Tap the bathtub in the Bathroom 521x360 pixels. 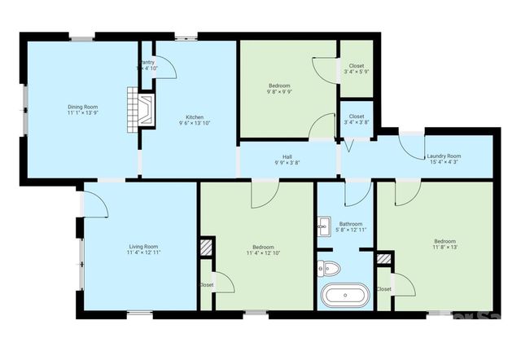tap(345, 295)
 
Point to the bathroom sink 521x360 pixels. tap(323, 226)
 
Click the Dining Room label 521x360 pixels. tap(82, 106)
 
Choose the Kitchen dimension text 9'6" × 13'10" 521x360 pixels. tap(194, 123)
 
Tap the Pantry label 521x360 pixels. tap(147, 62)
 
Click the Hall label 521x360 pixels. tap(287, 157)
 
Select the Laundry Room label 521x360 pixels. tap(445, 156)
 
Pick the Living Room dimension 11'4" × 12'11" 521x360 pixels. tap(142, 253)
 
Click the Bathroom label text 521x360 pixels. tap(351, 224)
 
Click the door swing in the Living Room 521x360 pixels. tap(95, 202)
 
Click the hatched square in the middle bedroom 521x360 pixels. tap(207, 247)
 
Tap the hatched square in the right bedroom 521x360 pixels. tap(384, 260)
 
